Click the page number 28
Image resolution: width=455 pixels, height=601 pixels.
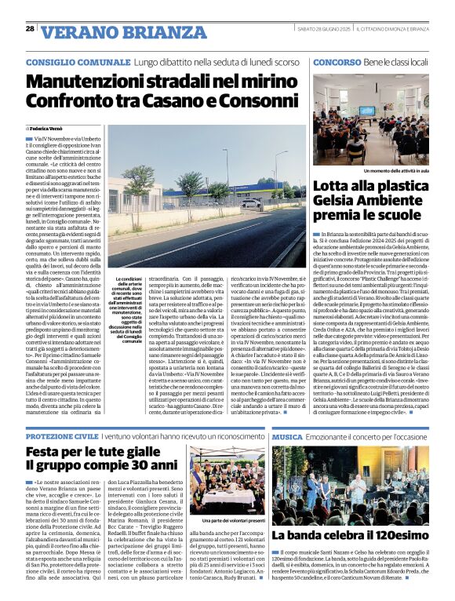[x=30, y=29]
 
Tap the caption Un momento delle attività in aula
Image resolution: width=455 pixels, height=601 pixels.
[x=385, y=169]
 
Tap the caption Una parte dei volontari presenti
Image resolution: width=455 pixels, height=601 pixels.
[x=228, y=520]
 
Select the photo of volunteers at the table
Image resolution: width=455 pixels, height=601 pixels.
[x=228, y=481]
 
